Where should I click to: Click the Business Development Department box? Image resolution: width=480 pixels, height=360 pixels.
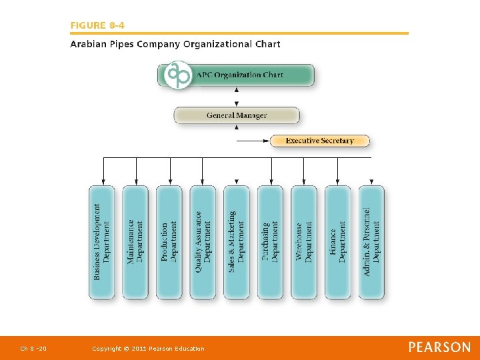[x=101, y=241]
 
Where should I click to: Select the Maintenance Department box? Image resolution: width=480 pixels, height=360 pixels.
[x=135, y=241]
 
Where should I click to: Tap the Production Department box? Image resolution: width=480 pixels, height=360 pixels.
[x=169, y=241]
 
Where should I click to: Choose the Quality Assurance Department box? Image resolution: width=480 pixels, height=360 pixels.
[x=203, y=241]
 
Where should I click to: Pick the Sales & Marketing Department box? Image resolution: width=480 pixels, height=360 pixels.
[x=237, y=241]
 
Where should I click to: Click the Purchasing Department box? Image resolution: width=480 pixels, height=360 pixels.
[x=270, y=241]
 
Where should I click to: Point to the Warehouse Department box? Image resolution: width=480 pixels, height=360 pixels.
[x=304, y=241]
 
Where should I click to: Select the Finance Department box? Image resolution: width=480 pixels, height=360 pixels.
[x=337, y=241]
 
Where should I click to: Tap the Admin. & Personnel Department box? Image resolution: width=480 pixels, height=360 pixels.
[x=371, y=241]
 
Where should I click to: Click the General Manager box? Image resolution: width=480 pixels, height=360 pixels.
[x=237, y=115]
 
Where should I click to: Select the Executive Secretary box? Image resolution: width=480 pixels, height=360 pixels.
[x=319, y=141]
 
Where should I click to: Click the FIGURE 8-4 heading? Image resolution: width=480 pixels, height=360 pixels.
[x=97, y=25]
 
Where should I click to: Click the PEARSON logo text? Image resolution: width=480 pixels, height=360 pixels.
[x=439, y=347]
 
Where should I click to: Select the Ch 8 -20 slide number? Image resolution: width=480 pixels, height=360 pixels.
[x=33, y=349]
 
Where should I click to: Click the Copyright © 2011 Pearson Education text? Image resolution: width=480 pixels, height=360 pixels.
[x=148, y=349]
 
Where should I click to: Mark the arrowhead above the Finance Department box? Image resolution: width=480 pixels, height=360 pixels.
[x=337, y=181]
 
